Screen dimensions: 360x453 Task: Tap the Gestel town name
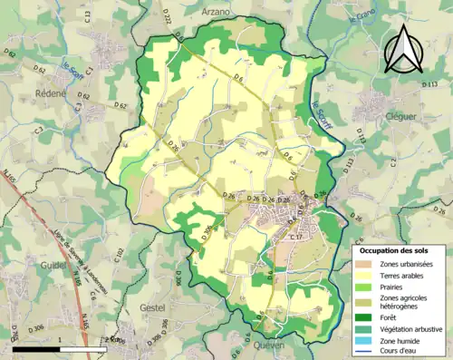coord(153,307)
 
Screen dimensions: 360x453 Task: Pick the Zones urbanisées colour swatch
coord(367,263)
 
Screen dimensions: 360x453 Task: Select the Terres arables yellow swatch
coord(367,277)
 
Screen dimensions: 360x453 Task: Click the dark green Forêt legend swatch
coord(367,317)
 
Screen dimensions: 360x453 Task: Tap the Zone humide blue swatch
coord(367,343)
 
